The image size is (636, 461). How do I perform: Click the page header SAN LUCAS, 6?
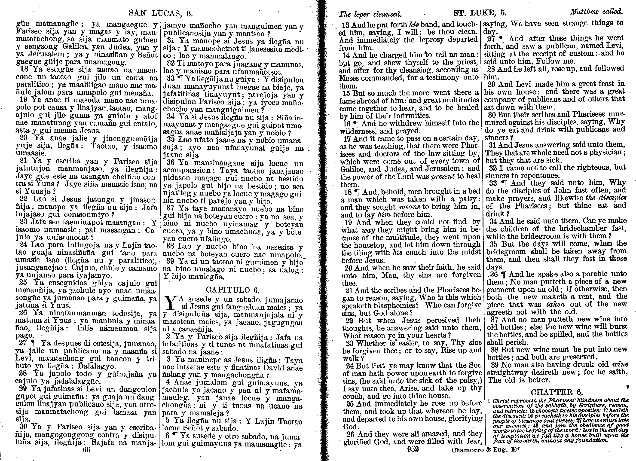coord(161,13)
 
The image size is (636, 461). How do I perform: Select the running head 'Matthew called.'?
coord(596,12)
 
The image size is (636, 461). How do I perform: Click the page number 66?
coord(86,449)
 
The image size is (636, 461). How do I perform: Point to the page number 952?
coord(413,449)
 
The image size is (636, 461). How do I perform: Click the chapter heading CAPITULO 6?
coord(232,290)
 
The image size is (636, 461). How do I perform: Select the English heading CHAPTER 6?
coord(557,392)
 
